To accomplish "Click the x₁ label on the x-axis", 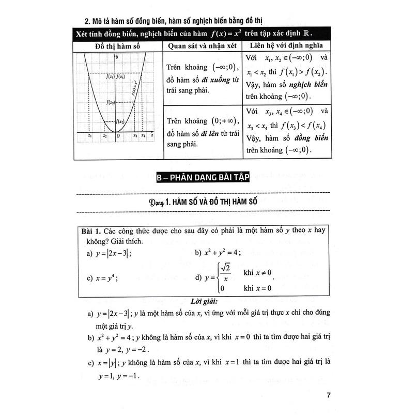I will (90, 136).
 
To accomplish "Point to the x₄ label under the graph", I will (143, 136).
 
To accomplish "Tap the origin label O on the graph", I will (118, 136).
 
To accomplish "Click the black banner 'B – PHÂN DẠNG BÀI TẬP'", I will (203, 178).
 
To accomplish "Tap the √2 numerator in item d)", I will (225, 268).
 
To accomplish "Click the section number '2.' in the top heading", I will (88, 21).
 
